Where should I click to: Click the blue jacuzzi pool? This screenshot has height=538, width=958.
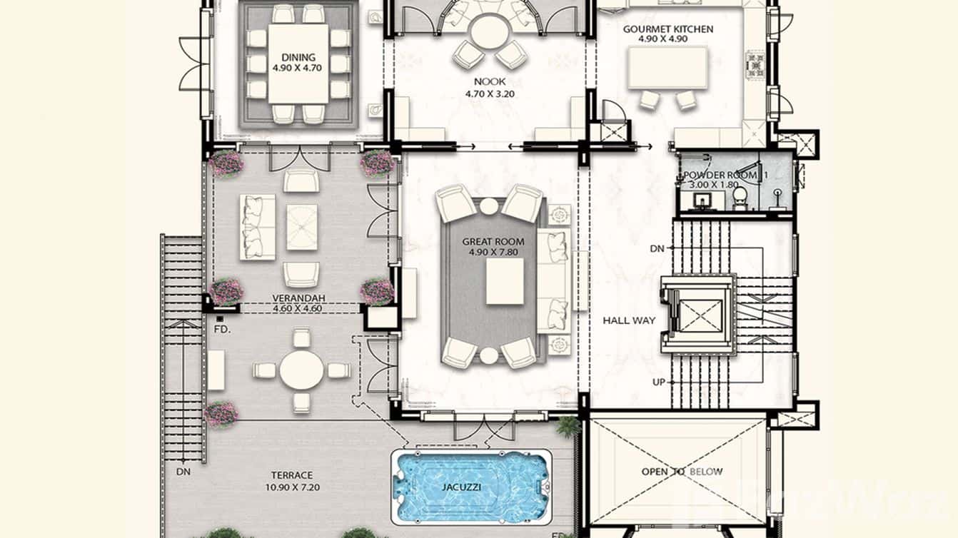tap(471, 487)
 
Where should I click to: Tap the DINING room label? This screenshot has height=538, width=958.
tap(298, 57)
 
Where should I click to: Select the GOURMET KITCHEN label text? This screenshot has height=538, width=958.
tap(668, 29)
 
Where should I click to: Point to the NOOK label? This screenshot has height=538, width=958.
tap(490, 81)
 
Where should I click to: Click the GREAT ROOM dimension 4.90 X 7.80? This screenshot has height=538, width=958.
tap(493, 253)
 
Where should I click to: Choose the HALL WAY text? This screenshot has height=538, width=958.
tap(629, 320)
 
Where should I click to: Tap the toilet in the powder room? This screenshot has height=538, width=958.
tap(740, 198)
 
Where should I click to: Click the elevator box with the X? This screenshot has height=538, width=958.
tap(700, 316)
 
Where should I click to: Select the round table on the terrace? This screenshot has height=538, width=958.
tap(301, 370)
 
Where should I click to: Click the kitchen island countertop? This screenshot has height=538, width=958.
tap(667, 68)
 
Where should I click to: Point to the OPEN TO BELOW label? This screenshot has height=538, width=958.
tap(682, 472)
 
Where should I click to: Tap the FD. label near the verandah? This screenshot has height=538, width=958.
tap(222, 330)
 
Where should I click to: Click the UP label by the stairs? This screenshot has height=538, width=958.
tap(659, 382)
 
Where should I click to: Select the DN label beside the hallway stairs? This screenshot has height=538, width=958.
tap(657, 248)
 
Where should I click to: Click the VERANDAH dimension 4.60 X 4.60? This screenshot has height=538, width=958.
tap(297, 308)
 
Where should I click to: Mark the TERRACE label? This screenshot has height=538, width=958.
tap(292, 475)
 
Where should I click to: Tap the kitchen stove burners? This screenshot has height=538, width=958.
tap(756, 65)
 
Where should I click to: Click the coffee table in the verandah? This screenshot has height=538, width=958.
tap(302, 227)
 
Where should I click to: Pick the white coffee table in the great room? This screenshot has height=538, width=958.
tap(505, 282)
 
